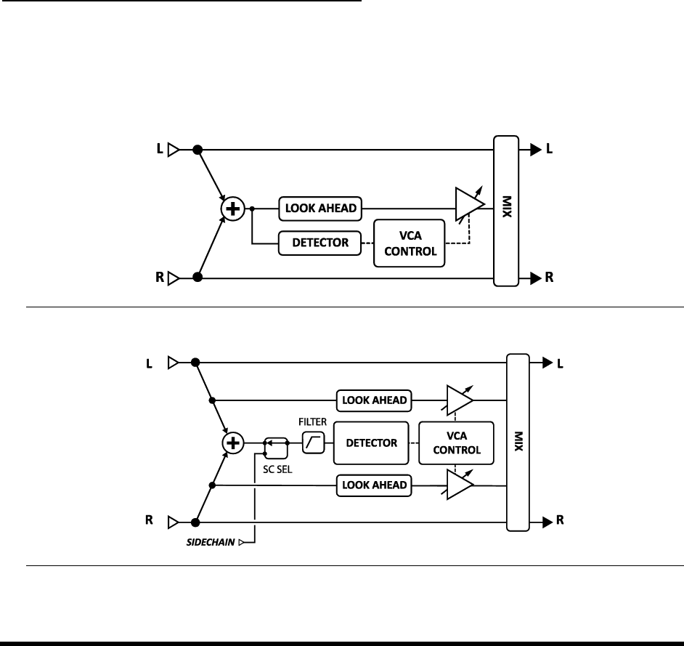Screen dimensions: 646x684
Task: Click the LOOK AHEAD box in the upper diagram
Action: [x=319, y=209]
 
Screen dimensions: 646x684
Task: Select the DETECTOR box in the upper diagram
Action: [x=319, y=243]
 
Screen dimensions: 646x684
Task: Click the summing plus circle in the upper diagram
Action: [x=232, y=209]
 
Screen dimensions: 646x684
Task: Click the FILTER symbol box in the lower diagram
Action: [x=313, y=442]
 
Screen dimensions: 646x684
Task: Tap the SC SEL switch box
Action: [x=274, y=443]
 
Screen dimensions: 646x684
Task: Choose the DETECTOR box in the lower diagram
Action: [x=371, y=442]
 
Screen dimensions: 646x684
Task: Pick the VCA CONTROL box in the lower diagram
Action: [x=456, y=442]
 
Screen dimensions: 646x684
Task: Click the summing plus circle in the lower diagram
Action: [x=232, y=442]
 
